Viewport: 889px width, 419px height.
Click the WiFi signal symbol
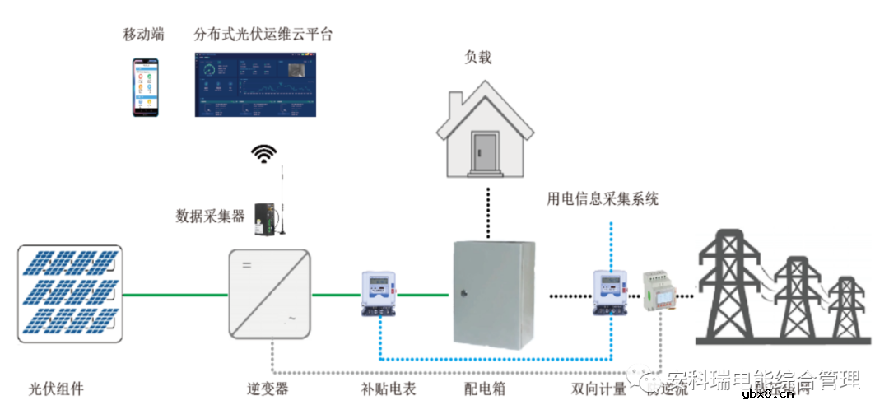[264, 154]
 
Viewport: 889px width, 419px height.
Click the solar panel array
[70, 294]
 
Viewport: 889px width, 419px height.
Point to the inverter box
[269, 293]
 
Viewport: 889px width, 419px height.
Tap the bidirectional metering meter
[609, 292]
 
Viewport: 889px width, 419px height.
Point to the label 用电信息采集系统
[603, 198]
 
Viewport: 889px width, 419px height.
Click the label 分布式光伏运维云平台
[263, 35]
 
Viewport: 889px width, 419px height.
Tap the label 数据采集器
[210, 216]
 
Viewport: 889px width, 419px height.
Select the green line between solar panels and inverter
[175, 294]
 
